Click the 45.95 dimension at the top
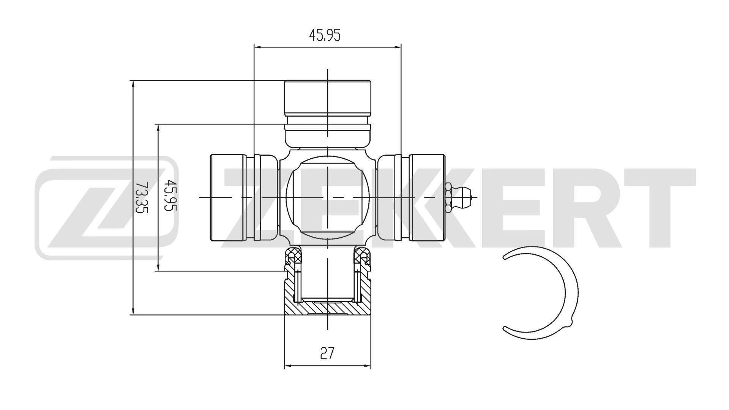coord(325,35)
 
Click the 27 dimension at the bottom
coord(327,353)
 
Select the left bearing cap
coord(228,197)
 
